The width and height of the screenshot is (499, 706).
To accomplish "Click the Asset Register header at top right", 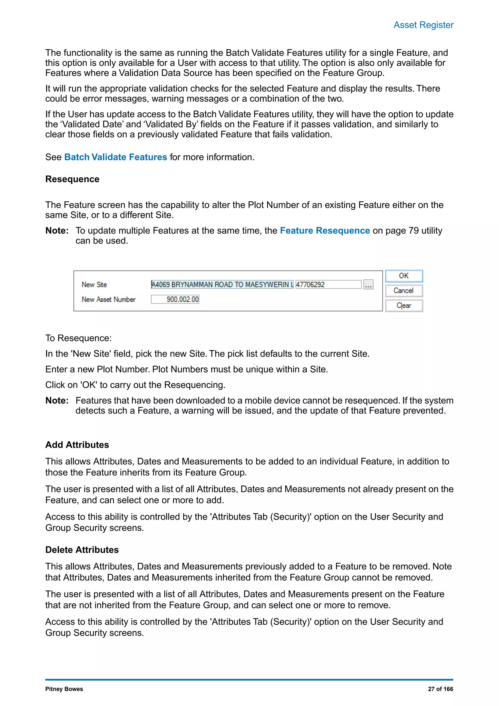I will coord(423,25).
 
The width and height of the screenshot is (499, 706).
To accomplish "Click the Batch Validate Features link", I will coord(115,157).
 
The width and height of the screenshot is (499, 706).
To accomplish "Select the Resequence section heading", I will coord(72,179).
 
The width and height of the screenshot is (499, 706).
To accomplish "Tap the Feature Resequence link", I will coord(325,231).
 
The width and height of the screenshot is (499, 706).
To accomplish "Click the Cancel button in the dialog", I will coord(404,291).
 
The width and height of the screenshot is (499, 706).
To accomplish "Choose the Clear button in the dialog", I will coord(404,305).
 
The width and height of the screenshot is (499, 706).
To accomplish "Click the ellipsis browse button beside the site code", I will coord(368,284).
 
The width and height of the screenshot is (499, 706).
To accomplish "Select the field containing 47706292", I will coord(328,284).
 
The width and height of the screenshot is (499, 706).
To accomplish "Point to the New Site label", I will coord(94,285).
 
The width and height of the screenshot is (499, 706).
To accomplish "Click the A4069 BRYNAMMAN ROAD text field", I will coord(222,284).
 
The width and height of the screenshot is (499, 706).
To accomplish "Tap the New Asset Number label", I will coord(108,300).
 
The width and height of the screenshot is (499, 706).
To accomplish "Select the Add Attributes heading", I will coord(77,445).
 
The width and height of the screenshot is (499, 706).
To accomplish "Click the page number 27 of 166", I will coord(440,689).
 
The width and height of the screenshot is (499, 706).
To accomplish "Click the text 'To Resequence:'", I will coord(79,338).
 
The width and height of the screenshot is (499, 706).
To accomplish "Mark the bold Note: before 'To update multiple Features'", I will coord(57,231).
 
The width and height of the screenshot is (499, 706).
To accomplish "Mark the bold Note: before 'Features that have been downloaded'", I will coord(57,401).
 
